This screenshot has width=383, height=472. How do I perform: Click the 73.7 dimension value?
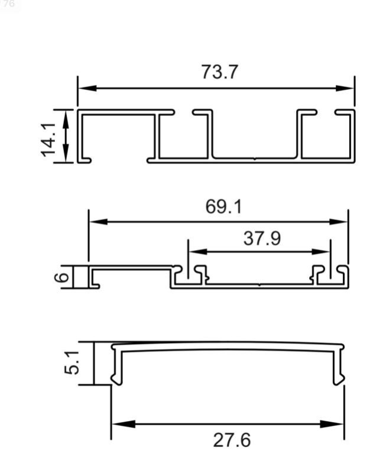[219, 72]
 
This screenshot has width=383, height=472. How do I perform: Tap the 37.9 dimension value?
[262, 238]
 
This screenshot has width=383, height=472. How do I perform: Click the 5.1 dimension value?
[72, 362]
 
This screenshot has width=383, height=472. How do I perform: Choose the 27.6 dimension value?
[232, 440]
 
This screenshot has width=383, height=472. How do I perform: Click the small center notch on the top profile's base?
[254, 158]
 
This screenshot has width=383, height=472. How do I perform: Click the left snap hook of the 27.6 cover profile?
[116, 379]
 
